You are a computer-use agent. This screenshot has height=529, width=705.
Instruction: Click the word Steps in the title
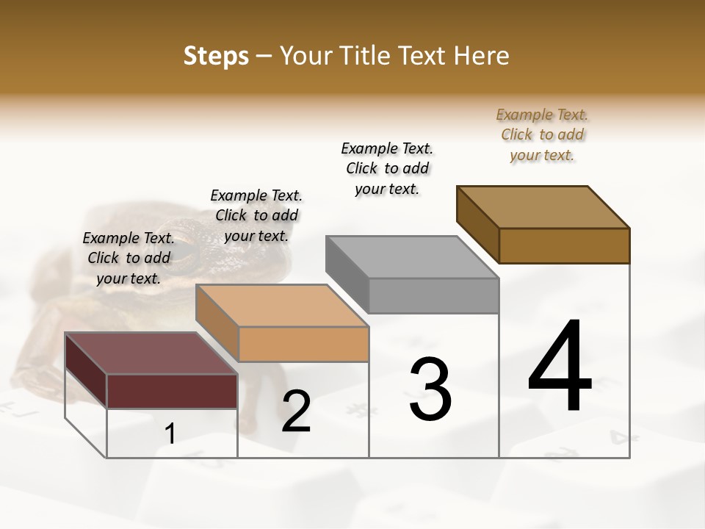(216, 56)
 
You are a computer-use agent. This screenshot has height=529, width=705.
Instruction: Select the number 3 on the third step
(430, 389)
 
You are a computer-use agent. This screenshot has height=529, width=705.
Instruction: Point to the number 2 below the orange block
(296, 411)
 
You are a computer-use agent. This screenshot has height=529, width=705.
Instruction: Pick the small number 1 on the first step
(170, 433)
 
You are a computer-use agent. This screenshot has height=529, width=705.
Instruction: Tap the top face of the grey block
(411, 257)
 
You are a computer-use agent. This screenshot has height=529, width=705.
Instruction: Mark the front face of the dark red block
(172, 391)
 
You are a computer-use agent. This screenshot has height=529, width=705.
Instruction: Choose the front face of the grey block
(433, 296)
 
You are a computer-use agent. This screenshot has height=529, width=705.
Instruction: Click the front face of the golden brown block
(564, 245)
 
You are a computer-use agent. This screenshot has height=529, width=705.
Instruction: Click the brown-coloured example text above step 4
(542, 134)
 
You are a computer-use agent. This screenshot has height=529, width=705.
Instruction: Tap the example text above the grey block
(387, 168)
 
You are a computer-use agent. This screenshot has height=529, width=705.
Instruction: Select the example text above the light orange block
(256, 215)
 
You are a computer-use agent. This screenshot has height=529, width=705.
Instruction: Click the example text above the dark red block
(129, 258)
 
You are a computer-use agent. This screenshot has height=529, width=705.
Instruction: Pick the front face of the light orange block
(303, 344)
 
